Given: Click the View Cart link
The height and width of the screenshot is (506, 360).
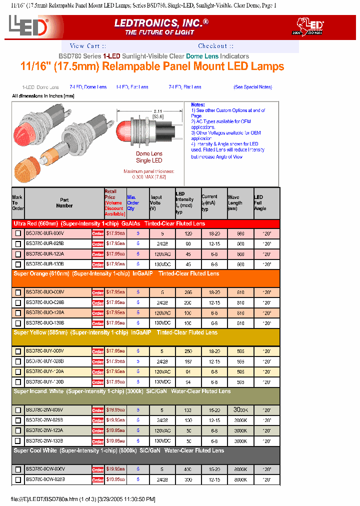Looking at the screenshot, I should tap(84, 46).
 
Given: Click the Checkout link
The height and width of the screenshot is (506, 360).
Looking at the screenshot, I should tap(212, 46).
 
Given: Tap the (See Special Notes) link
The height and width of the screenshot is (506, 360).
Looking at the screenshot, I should tap(252, 87).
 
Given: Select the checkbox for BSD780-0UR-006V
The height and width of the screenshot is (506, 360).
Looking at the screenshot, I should tap(18, 233).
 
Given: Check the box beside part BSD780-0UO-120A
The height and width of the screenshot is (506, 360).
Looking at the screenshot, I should tap(18, 312).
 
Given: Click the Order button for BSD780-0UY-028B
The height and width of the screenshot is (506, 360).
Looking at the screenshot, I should tap(97, 361).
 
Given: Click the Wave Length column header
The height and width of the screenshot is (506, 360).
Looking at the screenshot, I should tap(235, 202).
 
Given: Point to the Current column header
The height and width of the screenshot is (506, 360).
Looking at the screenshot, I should tap(209, 202).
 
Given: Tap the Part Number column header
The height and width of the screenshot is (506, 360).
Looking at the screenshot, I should tap(64, 202).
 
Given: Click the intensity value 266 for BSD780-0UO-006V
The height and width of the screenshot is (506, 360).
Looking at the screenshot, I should tap(188, 292).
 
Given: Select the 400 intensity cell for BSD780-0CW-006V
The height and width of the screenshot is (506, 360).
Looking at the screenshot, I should tap(188, 469).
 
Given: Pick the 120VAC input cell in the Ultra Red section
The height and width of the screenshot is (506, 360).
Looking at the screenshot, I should tap(162, 253).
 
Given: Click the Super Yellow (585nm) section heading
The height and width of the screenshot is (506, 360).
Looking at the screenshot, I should tap(115, 332).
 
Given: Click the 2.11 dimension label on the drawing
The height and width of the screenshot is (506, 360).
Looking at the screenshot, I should tap(158, 111).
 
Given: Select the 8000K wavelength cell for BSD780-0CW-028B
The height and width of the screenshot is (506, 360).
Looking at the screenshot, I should tap(241, 479).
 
